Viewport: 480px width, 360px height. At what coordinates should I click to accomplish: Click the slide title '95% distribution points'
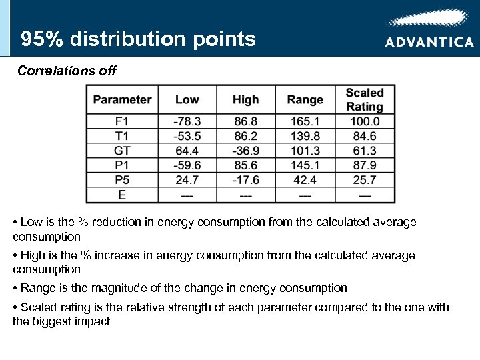pyautogui.click(x=138, y=39)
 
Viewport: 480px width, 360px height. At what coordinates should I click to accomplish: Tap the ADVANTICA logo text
pyautogui.click(x=429, y=42)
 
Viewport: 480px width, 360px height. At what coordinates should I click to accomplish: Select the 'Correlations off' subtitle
pyautogui.click(x=67, y=71)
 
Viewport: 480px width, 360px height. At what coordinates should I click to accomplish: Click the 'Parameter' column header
pyautogui.click(x=122, y=100)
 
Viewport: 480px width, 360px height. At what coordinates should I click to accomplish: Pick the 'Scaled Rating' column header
pyautogui.click(x=365, y=100)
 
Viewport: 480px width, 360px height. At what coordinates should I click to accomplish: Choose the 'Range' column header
pyautogui.click(x=305, y=100)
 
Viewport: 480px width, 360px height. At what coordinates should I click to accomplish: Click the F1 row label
pyautogui.click(x=122, y=121)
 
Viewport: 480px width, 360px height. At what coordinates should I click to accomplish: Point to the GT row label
pyautogui.click(x=122, y=151)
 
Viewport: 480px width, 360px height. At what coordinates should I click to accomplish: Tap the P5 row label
pyautogui.click(x=122, y=180)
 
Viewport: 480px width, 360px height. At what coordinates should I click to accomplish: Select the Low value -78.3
pyautogui.click(x=187, y=121)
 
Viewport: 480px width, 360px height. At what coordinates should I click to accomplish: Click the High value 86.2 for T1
pyautogui.click(x=245, y=136)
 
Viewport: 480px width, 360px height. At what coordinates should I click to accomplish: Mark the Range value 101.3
pyautogui.click(x=305, y=151)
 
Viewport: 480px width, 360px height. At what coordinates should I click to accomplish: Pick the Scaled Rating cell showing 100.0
pyautogui.click(x=365, y=121)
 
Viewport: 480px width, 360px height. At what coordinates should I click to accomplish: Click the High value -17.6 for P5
pyautogui.click(x=245, y=180)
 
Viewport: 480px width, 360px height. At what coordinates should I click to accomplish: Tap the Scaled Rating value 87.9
pyautogui.click(x=365, y=165)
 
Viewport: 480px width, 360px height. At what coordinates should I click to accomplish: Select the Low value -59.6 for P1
pyautogui.click(x=187, y=165)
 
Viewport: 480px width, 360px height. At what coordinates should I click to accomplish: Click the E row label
pyautogui.click(x=122, y=195)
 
